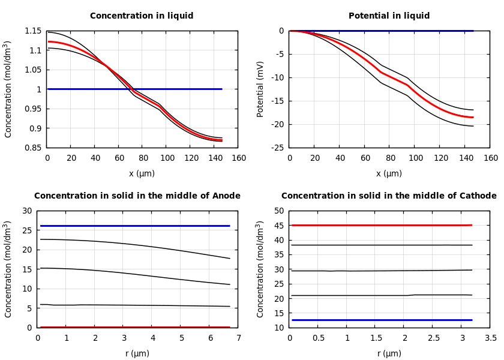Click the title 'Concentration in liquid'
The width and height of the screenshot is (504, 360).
pos(142,16)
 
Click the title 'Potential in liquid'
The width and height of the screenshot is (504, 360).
pos(389,16)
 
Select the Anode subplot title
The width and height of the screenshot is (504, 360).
pos(137,196)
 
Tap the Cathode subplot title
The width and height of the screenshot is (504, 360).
pos(389,196)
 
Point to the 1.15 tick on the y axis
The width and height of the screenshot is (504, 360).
pos(33,31)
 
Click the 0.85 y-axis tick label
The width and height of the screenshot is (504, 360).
pos(33,148)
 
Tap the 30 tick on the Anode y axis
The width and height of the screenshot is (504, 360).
pos(26,211)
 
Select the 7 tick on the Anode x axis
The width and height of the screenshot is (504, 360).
pos(238,338)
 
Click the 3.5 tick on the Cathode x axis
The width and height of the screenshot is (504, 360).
pos(490,338)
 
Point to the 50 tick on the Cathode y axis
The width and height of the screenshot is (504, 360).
pos(278,211)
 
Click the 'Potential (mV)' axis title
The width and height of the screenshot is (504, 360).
pos(260,89)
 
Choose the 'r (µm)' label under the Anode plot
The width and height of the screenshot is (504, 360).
pos(137,353)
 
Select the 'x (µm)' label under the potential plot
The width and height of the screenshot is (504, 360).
pos(389,173)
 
